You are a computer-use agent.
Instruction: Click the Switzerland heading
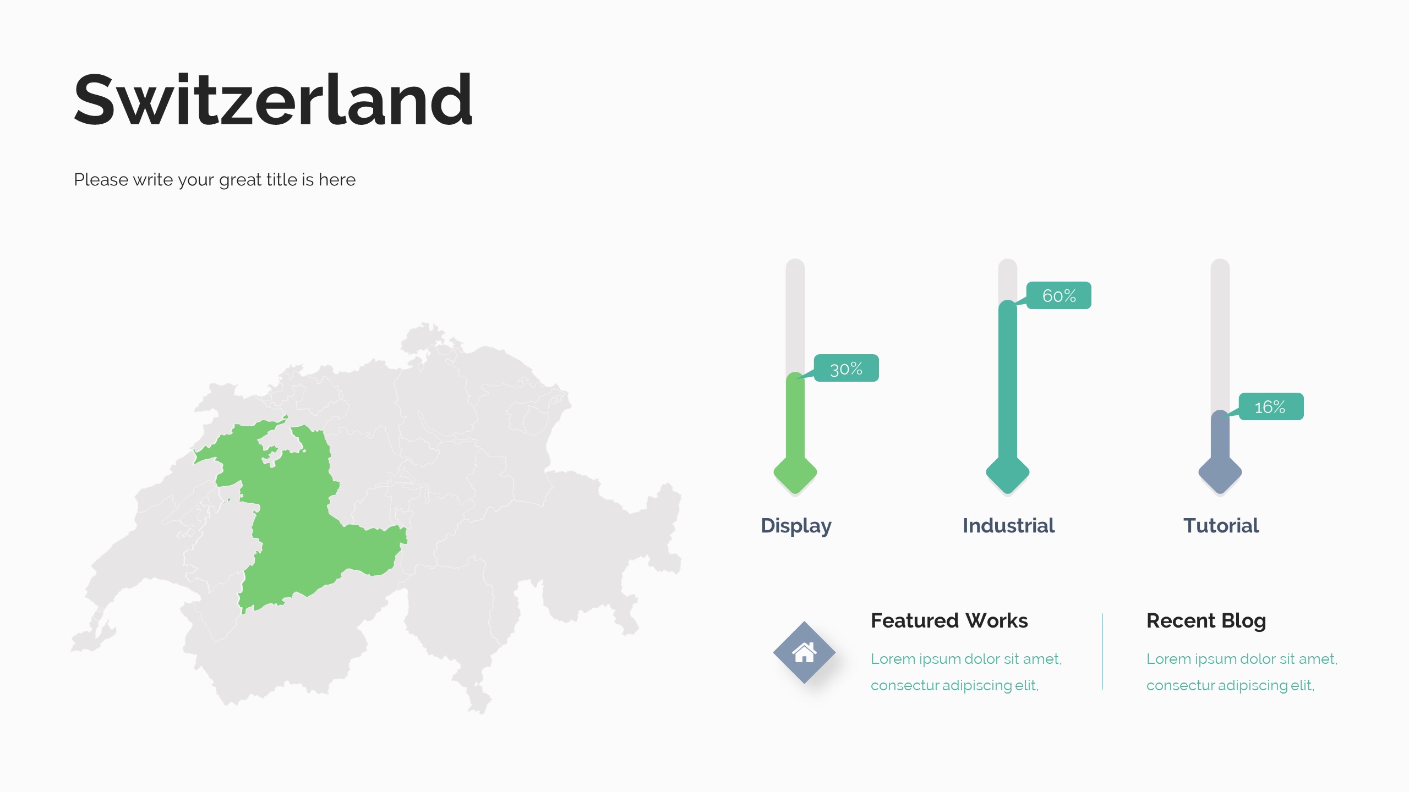(x=273, y=100)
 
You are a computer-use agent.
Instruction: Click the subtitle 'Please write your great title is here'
(x=215, y=180)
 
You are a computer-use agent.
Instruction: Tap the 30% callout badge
(x=846, y=368)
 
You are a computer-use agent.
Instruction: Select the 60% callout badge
(x=1058, y=295)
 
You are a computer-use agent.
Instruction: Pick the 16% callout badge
(x=1271, y=406)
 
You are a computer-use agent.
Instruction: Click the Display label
(x=796, y=526)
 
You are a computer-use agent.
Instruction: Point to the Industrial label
(x=1008, y=525)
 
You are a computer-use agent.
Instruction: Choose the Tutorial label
(x=1221, y=525)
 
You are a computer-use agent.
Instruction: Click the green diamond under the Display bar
(x=795, y=472)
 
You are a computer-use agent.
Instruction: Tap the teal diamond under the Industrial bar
(x=1008, y=472)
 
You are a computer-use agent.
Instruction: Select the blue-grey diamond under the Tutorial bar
(x=1220, y=472)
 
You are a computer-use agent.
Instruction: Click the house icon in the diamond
(x=804, y=652)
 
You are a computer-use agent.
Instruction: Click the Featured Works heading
(x=949, y=620)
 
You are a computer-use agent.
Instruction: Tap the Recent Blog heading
(x=1206, y=621)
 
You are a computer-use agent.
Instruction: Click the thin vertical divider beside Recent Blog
(x=1102, y=651)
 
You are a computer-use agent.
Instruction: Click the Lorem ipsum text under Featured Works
(x=966, y=672)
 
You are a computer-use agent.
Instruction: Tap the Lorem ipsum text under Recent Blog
(x=1242, y=672)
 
